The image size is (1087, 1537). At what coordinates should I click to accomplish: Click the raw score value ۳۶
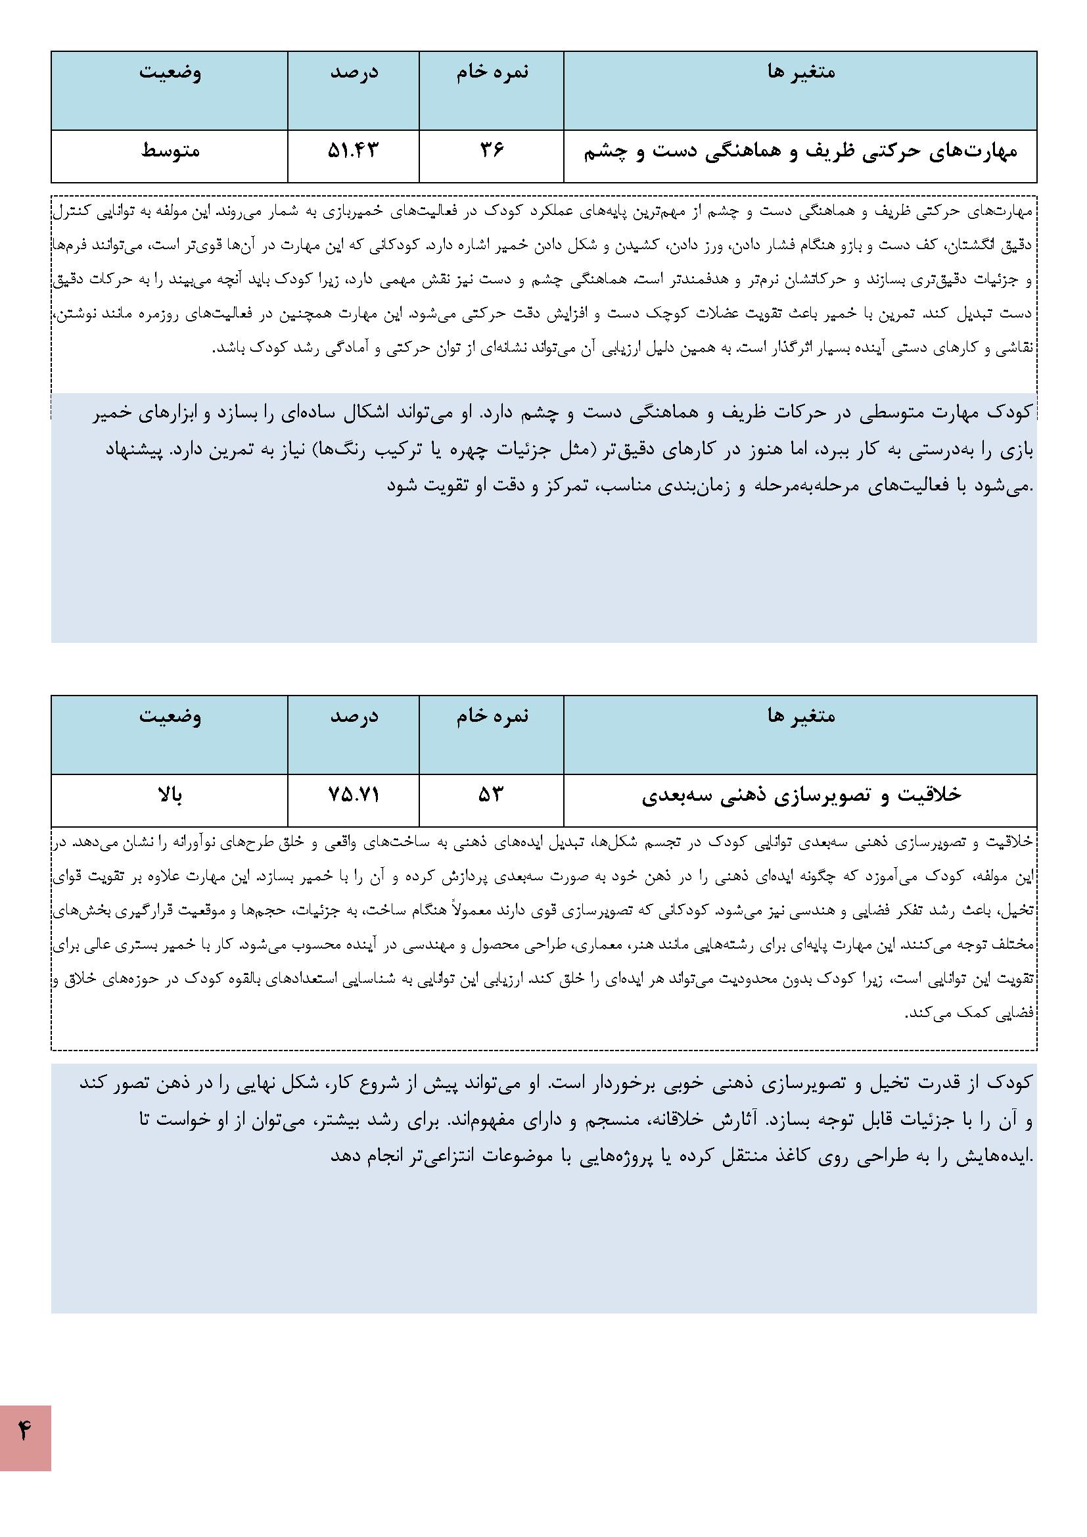pyautogui.click(x=492, y=151)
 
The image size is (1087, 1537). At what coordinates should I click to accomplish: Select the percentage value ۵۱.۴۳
pyautogui.click(x=353, y=151)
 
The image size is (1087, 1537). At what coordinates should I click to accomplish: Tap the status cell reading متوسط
pyautogui.click(x=170, y=151)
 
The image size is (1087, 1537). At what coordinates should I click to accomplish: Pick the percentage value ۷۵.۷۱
pyautogui.click(x=354, y=795)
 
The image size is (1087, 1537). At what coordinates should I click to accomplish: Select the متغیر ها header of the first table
pyautogui.click(x=800, y=72)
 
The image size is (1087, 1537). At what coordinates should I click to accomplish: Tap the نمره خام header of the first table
pyautogui.click(x=492, y=72)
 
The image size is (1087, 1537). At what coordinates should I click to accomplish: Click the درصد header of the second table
pyautogui.click(x=354, y=717)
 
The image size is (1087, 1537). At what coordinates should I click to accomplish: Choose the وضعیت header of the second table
pyautogui.click(x=170, y=717)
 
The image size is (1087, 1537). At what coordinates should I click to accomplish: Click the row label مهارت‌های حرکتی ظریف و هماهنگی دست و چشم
pyautogui.click(x=800, y=152)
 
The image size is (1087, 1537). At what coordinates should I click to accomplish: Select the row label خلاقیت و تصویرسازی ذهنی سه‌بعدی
pyautogui.click(x=800, y=795)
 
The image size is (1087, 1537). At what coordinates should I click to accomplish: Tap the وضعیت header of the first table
pyautogui.click(x=170, y=72)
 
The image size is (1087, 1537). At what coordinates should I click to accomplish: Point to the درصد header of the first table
pyautogui.click(x=354, y=72)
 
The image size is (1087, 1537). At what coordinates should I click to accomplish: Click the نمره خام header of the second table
pyautogui.click(x=492, y=717)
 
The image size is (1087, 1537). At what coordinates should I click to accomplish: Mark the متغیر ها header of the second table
pyautogui.click(x=800, y=717)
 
